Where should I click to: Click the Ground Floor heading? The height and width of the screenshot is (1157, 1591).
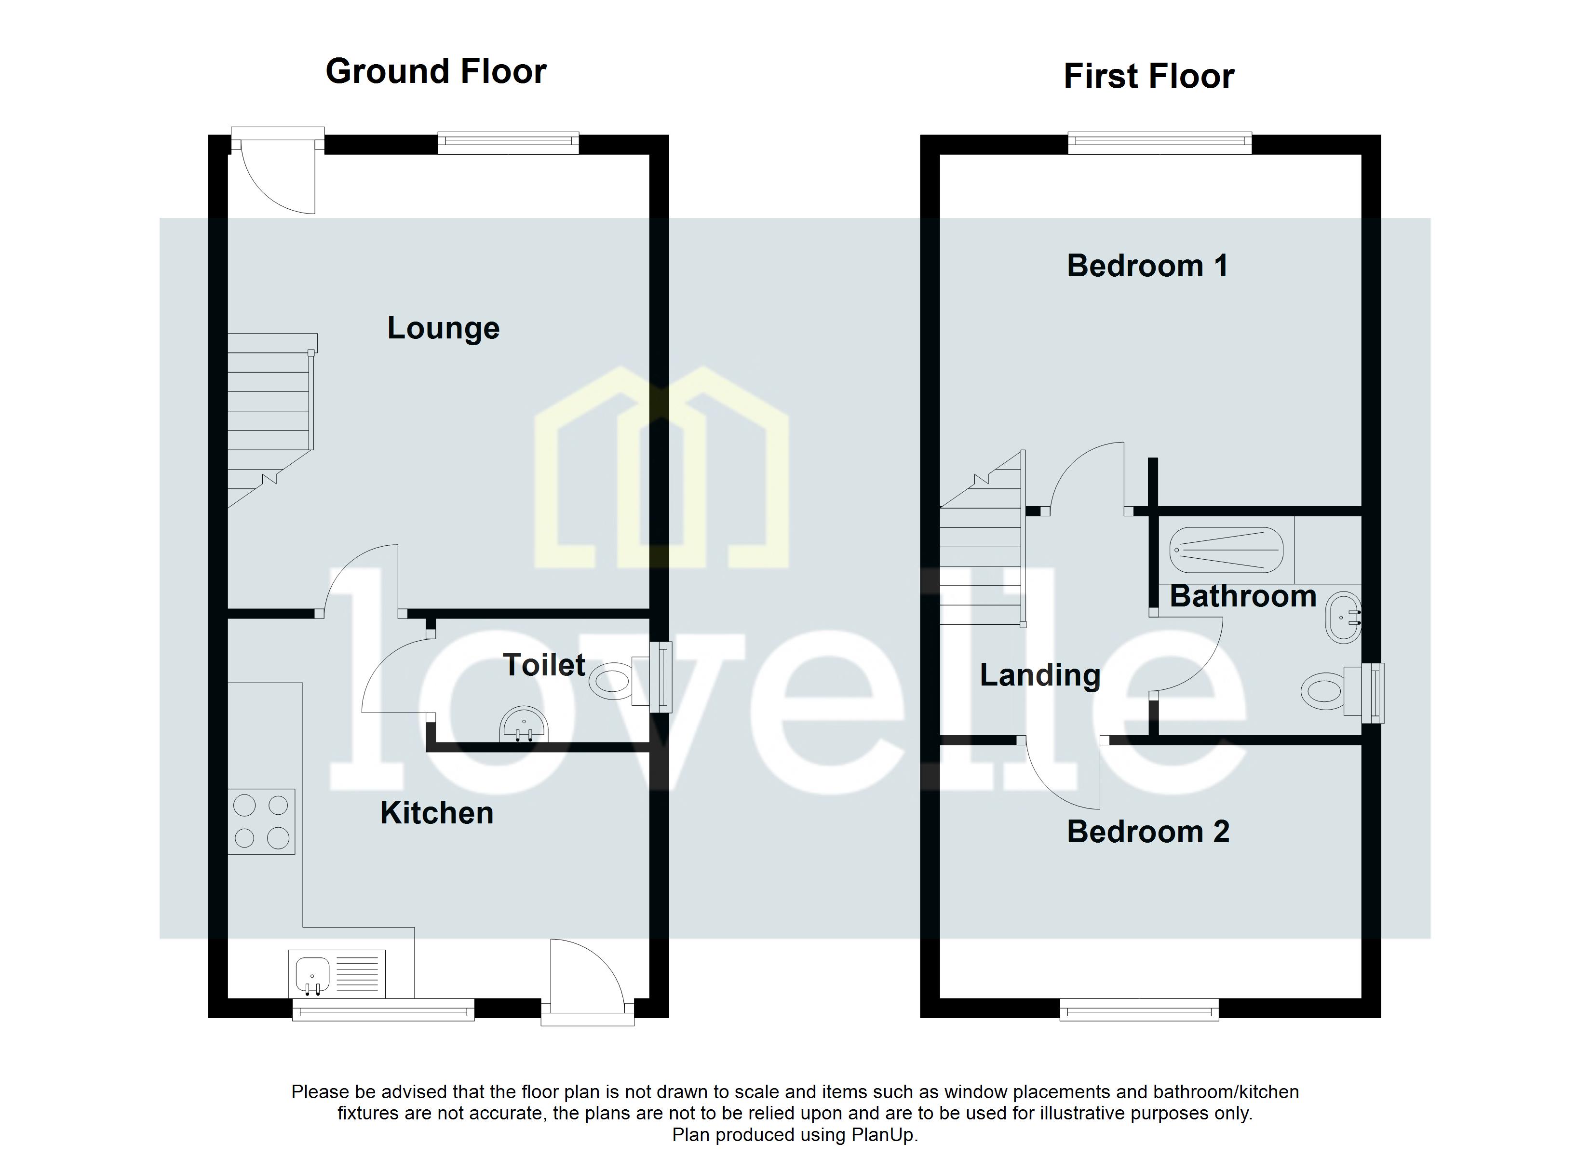[436, 71]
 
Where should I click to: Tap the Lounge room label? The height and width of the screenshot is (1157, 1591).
[444, 328]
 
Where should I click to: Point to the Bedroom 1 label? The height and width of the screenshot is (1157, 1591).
[1147, 266]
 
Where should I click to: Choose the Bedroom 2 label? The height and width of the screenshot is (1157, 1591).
[1147, 832]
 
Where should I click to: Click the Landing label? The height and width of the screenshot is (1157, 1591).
[1039, 675]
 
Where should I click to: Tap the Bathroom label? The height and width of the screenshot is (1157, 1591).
[1242, 596]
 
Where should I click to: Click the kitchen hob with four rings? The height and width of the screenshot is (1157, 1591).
[261, 821]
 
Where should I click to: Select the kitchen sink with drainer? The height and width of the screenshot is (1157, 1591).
[337, 973]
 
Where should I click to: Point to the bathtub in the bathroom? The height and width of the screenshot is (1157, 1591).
[1226, 550]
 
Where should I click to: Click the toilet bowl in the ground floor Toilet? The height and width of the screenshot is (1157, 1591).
[610, 681]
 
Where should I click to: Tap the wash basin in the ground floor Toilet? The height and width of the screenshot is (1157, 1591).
[523, 725]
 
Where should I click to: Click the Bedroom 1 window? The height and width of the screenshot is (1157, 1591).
[1160, 143]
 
